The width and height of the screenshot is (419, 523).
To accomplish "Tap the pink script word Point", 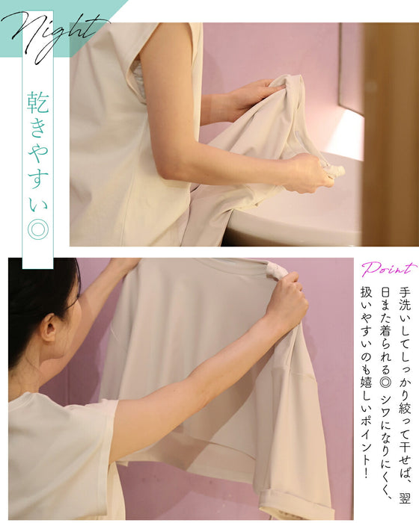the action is (389, 268).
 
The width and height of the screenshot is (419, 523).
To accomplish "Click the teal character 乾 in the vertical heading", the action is (37, 102).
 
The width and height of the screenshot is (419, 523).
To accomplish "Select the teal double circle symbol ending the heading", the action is (37, 229).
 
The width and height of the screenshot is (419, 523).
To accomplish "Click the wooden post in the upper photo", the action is (391, 134).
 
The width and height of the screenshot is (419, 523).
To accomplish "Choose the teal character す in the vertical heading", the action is (37, 179).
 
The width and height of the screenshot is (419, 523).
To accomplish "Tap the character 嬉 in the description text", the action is (366, 380).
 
